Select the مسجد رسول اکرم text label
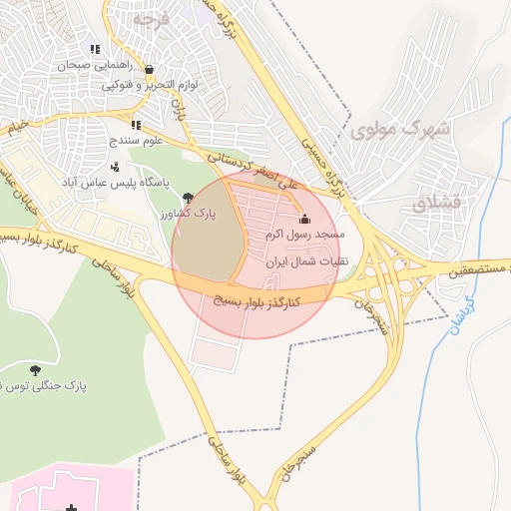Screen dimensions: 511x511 305,236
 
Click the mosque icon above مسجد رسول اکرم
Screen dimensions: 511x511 304,220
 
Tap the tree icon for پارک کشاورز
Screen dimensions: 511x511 189,198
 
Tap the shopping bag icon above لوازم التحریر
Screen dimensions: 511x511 149,70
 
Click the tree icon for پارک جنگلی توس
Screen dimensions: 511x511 36,370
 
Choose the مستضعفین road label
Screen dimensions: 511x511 468,269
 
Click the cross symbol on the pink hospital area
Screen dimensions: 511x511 70,508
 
